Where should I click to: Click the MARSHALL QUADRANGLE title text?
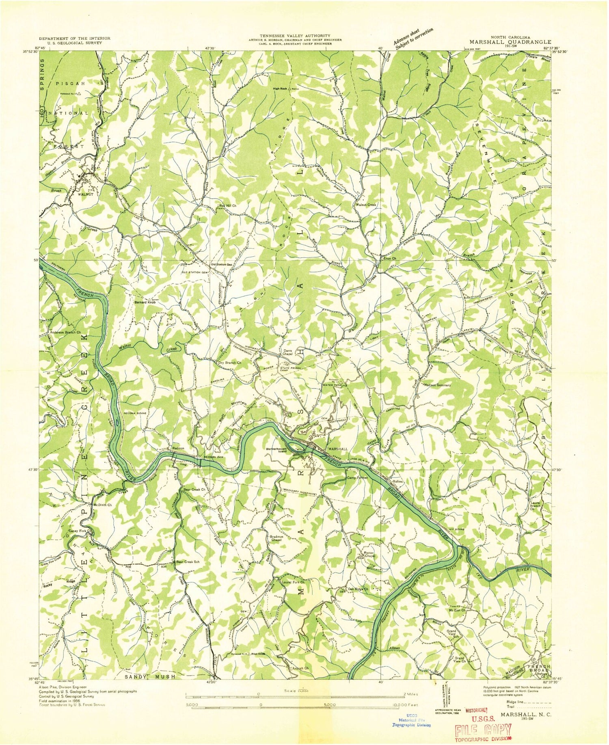(510, 41)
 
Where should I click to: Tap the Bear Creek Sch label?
(188, 562)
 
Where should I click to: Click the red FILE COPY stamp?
(483, 729)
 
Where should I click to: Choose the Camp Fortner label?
(357, 478)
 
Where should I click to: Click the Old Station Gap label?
(221, 264)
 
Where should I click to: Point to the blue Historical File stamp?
(412, 720)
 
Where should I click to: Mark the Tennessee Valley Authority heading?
(296, 36)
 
